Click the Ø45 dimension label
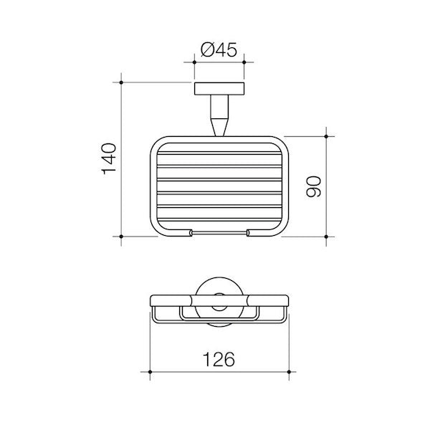point(219,50)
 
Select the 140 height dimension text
point(109,158)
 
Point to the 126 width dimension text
point(219,360)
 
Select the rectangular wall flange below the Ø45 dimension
point(219,90)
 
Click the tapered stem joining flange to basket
point(219,116)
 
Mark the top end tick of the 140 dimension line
point(121,82)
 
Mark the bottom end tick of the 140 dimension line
point(121,236)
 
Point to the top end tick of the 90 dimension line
point(327,135)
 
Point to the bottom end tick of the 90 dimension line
point(327,236)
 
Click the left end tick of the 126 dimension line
point(150,373)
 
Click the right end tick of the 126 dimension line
point(289,373)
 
